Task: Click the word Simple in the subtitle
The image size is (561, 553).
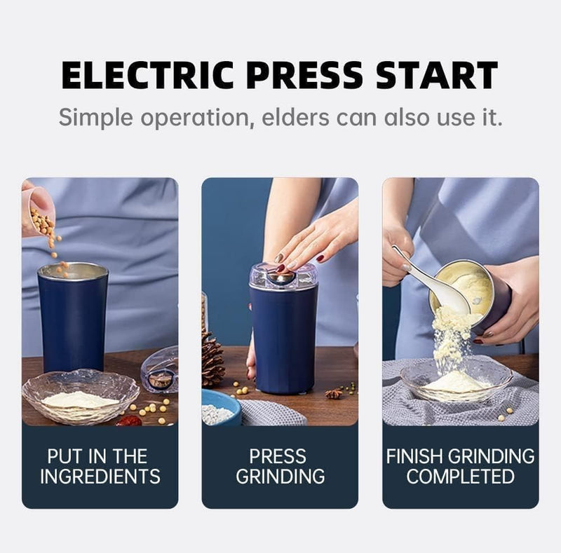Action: click(x=93, y=116)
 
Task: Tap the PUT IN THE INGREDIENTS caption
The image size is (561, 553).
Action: click(x=100, y=466)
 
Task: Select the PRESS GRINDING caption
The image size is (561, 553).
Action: click(x=280, y=466)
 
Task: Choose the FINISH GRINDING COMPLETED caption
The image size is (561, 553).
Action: click(x=461, y=466)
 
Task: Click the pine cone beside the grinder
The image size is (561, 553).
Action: click(x=212, y=359)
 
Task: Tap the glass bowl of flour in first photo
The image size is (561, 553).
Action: click(x=80, y=396)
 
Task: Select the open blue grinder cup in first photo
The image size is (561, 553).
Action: click(x=73, y=315)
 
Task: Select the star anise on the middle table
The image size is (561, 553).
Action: click(x=334, y=394)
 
